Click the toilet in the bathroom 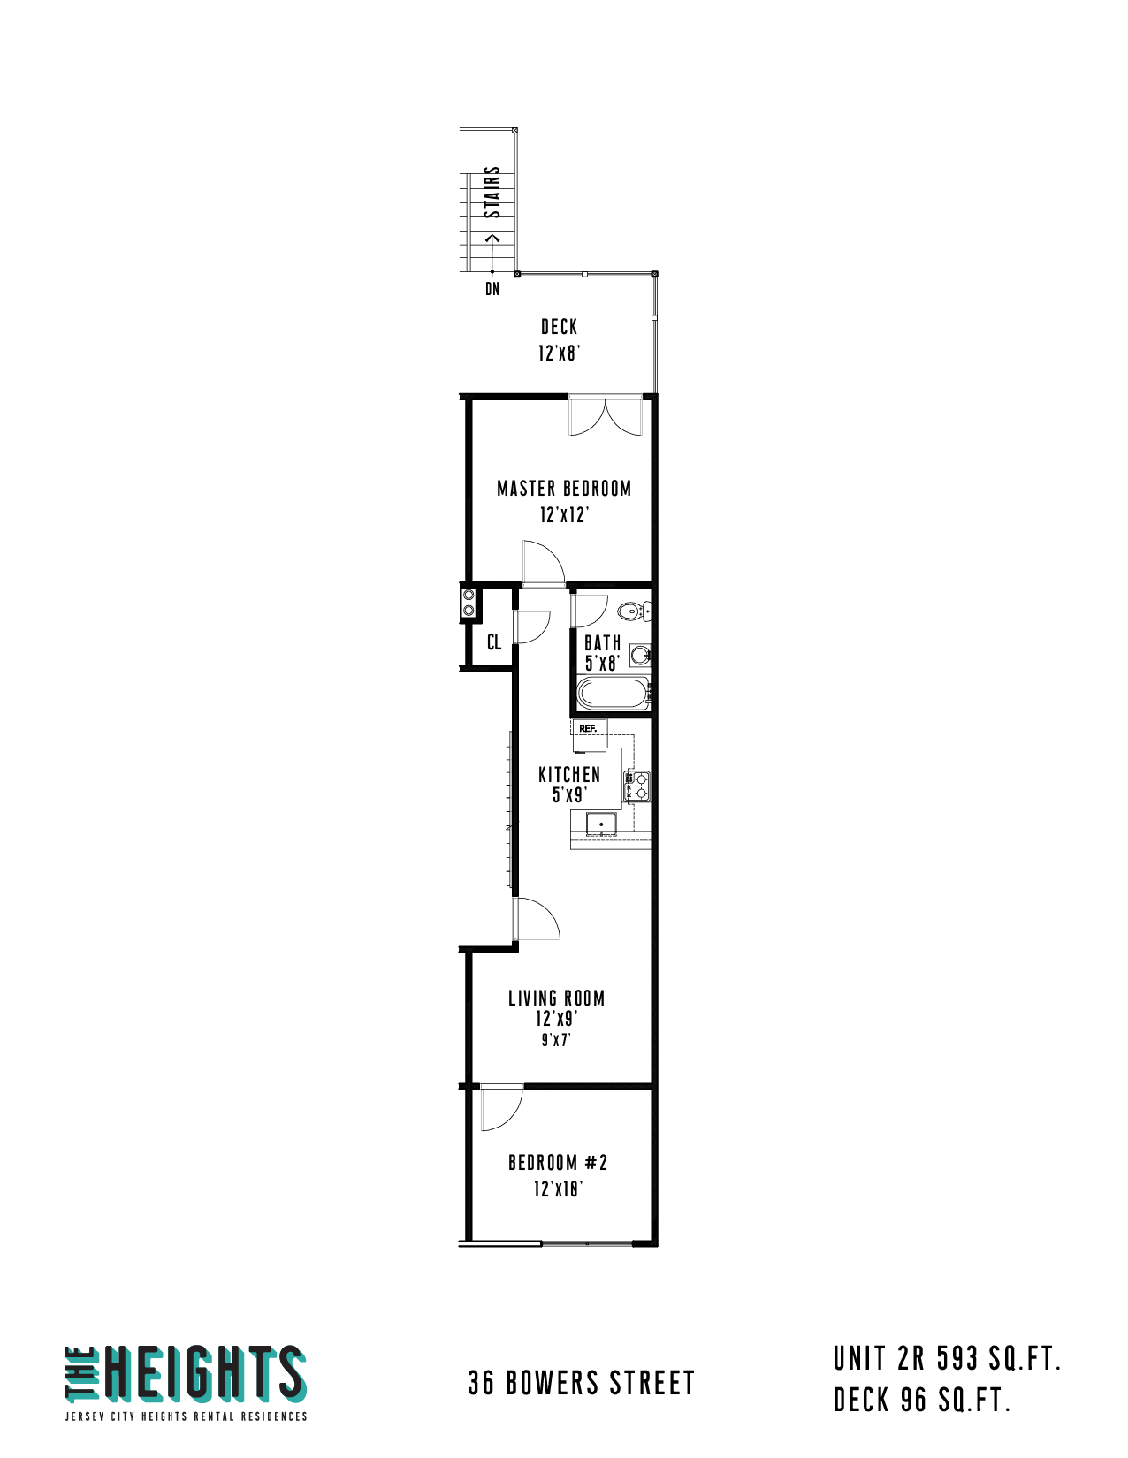coord(632,611)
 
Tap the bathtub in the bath coord(613,693)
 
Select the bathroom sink coord(640,655)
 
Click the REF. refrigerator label coord(587,729)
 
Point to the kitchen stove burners coord(636,786)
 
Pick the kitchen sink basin coord(600,824)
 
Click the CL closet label coord(494,642)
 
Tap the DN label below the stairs coord(492,289)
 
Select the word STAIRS coord(492,192)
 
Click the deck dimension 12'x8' coord(559,353)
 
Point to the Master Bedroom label coord(564,489)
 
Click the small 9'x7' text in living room coord(556,1040)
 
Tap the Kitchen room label coord(569,775)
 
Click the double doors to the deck coord(606,416)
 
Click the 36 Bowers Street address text coord(581,1383)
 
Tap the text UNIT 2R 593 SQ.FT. coord(947,1359)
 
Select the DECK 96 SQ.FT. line coord(922,1400)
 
